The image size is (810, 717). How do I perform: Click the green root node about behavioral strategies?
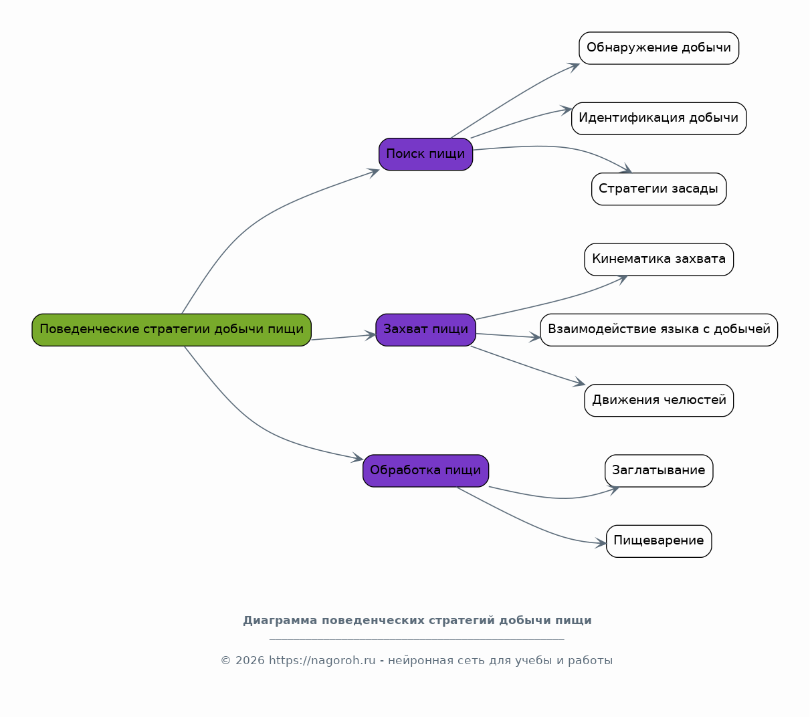pyautogui.click(x=171, y=330)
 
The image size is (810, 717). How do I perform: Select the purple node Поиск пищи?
pyautogui.click(x=426, y=155)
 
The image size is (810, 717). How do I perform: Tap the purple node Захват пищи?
pyautogui.click(x=426, y=330)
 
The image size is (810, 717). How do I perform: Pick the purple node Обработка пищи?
pyautogui.click(x=426, y=471)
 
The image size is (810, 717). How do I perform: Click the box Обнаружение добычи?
pyautogui.click(x=659, y=48)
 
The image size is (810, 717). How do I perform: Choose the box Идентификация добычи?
pyautogui.click(x=659, y=118)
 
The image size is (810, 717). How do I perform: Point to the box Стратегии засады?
pyautogui.click(x=659, y=189)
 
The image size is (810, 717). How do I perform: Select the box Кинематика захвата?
pyautogui.click(x=659, y=260)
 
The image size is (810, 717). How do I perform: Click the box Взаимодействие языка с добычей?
pyautogui.click(x=659, y=330)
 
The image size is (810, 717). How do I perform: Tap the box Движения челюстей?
pyautogui.click(x=659, y=400)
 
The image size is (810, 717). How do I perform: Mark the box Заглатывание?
pyautogui.click(x=659, y=471)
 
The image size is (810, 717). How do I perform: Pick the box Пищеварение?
pyautogui.click(x=659, y=541)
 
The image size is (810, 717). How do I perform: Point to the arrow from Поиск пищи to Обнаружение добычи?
pyautogui.click(x=516, y=97)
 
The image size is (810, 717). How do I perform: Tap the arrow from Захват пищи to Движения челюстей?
pyautogui.click(x=528, y=367)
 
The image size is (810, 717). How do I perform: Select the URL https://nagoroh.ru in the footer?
pyautogui.click(x=322, y=660)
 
